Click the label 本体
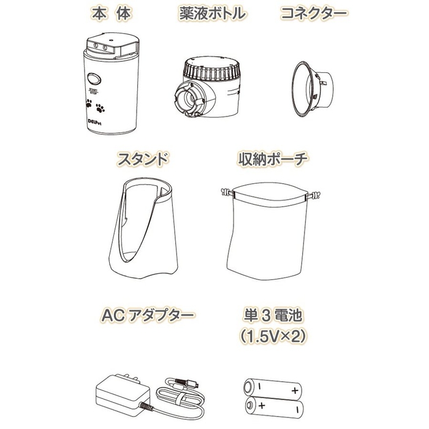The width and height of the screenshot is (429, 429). pos(109,13)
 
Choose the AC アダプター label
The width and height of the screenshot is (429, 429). pos(145,316)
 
